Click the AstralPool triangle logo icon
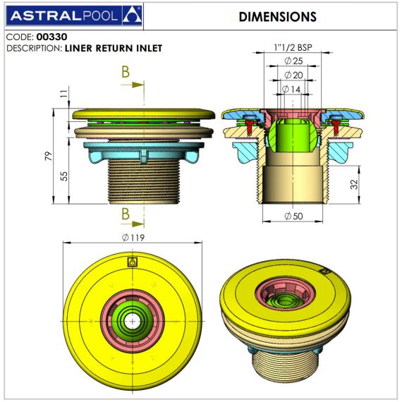(x=132, y=16)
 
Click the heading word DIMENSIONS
(x=278, y=17)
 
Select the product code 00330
(x=51, y=37)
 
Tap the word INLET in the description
(x=150, y=48)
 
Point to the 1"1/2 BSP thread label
(x=293, y=47)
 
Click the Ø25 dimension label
(x=293, y=61)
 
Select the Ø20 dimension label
(x=293, y=75)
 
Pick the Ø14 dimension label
(x=291, y=90)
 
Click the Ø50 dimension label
(x=293, y=216)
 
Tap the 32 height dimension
(x=354, y=184)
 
